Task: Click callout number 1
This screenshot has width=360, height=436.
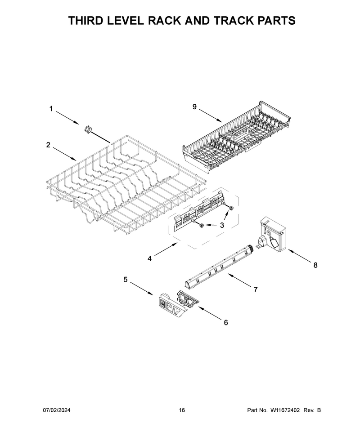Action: pyautogui.click(x=51, y=109)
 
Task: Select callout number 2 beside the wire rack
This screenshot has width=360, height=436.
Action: pyautogui.click(x=48, y=145)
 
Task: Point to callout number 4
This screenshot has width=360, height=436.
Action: pyautogui.click(x=150, y=258)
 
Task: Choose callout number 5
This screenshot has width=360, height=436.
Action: pyautogui.click(x=126, y=280)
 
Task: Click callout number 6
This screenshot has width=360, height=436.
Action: pyautogui.click(x=226, y=322)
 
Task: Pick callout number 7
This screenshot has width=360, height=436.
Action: pyautogui.click(x=256, y=290)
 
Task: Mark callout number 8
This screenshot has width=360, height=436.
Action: pyautogui.click(x=315, y=265)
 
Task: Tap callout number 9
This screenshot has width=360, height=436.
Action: pyautogui.click(x=194, y=107)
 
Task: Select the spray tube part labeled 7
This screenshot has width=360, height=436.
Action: pyautogui.click(x=219, y=266)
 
